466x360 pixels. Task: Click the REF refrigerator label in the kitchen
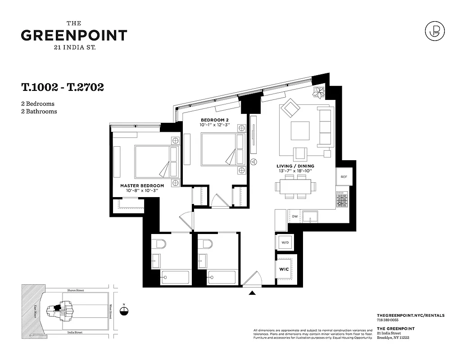click(x=344, y=177)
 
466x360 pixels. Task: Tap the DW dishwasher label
click(x=295, y=216)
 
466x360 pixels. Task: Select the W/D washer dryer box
click(x=285, y=243)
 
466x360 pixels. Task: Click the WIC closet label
click(x=285, y=269)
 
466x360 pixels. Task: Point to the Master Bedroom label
click(x=142, y=185)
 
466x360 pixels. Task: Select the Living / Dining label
click(x=295, y=166)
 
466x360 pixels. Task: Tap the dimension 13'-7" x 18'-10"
click(x=295, y=171)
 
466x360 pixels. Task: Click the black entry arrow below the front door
click(x=252, y=293)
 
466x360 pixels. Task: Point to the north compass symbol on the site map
click(x=125, y=310)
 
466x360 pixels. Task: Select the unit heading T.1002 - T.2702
click(x=63, y=87)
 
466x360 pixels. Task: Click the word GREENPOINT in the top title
click(x=74, y=36)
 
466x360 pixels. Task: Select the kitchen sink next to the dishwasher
click(x=311, y=217)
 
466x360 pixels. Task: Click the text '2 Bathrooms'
click(x=39, y=111)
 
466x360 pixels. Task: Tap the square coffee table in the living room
click(x=300, y=131)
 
